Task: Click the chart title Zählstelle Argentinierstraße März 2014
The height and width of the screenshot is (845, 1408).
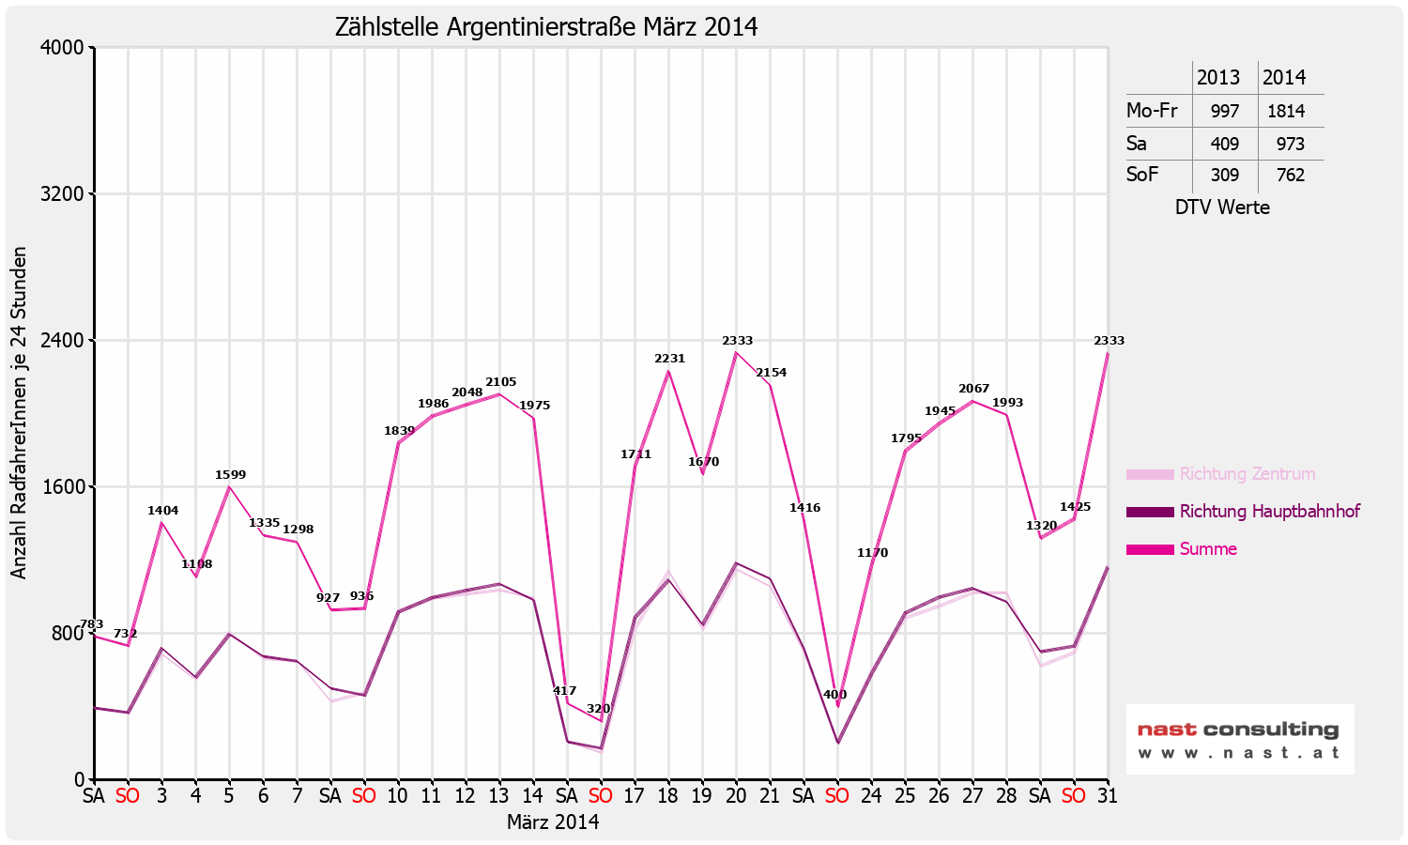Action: (546, 27)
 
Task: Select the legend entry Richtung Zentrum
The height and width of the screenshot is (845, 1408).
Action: (1247, 474)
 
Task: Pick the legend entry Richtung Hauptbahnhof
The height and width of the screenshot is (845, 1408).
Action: (1269, 512)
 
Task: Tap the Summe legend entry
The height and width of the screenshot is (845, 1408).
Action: (1207, 549)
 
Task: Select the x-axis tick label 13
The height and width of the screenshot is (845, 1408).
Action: (499, 796)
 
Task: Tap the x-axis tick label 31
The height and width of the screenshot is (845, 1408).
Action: (1108, 796)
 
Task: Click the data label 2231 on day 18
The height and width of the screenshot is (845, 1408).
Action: (669, 359)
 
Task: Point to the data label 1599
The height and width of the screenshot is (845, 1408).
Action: (230, 475)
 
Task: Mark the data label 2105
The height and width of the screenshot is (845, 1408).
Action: (500, 382)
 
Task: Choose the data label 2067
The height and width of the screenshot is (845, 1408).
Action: (973, 389)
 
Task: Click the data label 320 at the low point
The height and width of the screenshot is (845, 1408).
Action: (598, 709)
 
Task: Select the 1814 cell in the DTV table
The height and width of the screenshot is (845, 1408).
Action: (1286, 111)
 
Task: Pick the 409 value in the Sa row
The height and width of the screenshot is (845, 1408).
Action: (1224, 144)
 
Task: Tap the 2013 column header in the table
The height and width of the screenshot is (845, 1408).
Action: (1218, 78)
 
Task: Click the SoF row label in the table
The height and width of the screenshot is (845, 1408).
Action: (1142, 175)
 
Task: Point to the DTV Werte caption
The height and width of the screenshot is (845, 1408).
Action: (1222, 207)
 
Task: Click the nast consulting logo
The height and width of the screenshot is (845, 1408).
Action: (1239, 739)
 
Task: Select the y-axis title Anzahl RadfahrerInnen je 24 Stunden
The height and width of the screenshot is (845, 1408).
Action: (19, 413)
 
